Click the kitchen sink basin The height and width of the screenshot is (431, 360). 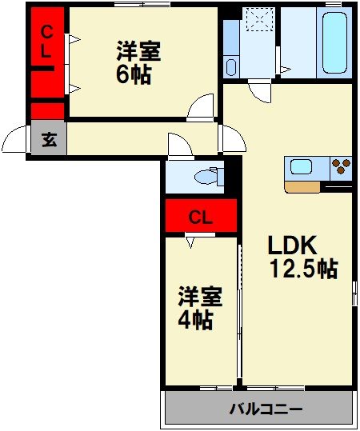tap(302, 168)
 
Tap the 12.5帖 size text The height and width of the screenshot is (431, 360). tap(304, 269)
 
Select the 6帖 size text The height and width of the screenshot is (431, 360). tap(134, 75)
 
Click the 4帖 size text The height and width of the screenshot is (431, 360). tap(195, 321)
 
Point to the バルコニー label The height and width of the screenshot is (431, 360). tap(266, 410)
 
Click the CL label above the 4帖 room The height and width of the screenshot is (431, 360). tap(200, 216)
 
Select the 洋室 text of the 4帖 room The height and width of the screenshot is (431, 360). tap(200, 297)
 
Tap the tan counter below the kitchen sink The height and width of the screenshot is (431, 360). tap(302, 186)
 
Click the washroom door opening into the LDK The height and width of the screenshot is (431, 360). tap(259, 89)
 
